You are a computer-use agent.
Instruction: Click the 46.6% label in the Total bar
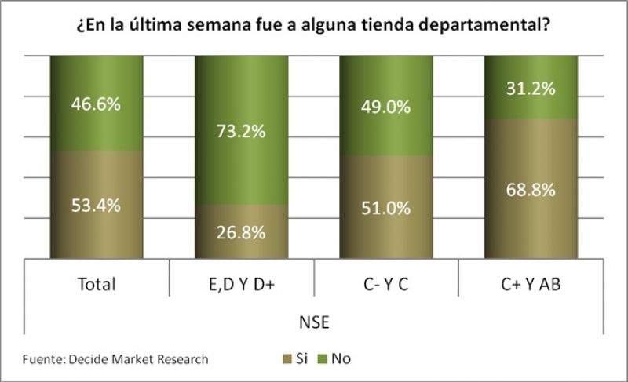[x=97, y=103]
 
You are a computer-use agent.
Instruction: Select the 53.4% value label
[x=97, y=206]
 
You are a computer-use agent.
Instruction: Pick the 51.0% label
[x=386, y=208]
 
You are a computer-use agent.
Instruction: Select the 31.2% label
[x=531, y=89]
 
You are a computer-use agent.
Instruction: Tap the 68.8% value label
[x=531, y=190]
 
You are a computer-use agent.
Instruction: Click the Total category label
[x=97, y=284]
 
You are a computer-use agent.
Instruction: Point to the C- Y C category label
[x=386, y=284]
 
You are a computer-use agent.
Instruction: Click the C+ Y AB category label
[x=531, y=284]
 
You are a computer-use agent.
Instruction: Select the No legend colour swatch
[x=322, y=360]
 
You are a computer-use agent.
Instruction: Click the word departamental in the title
[x=484, y=25]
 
